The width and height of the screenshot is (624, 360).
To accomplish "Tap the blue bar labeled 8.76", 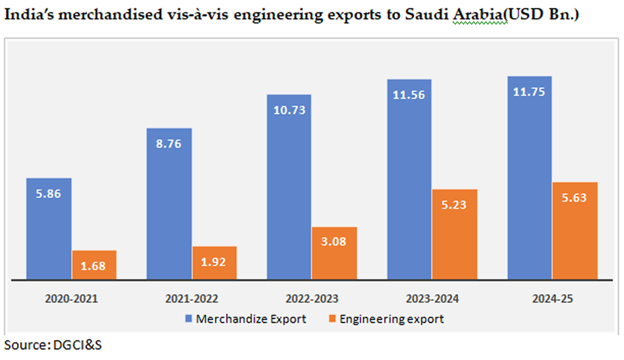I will click(x=169, y=204).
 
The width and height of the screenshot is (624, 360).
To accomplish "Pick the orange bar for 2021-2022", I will click(x=214, y=263).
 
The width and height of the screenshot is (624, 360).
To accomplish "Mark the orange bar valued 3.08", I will click(x=334, y=253).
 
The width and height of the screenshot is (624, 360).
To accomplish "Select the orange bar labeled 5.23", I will click(x=454, y=234).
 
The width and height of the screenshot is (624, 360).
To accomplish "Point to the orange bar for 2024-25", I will click(x=574, y=231).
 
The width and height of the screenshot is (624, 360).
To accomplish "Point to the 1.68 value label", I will click(x=94, y=266).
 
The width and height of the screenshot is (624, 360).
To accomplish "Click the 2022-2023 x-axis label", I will click(x=311, y=298).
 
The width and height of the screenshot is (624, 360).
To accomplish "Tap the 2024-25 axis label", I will click(x=551, y=298).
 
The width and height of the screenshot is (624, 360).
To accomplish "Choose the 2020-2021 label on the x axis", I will click(x=71, y=298).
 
